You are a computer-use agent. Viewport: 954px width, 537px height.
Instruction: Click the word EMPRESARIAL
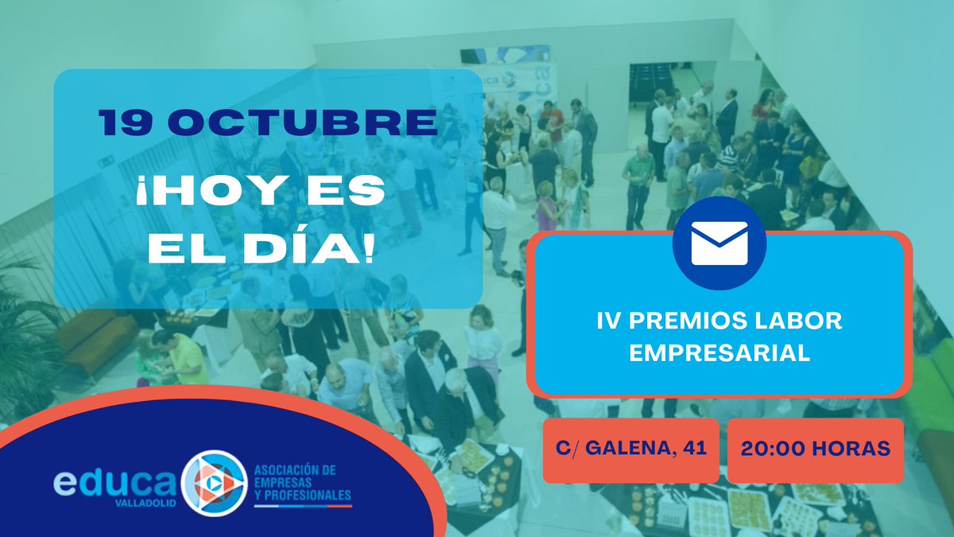coord(719,354)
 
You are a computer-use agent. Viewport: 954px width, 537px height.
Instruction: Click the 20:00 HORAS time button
coord(815,449)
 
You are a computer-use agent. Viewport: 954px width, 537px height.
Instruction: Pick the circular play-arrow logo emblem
coord(212,481)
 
